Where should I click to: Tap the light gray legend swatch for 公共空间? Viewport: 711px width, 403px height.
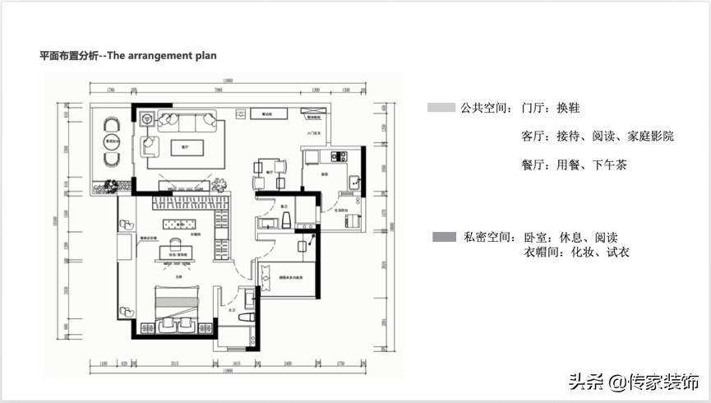[441, 108]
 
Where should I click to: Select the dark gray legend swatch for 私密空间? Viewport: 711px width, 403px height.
[444, 237]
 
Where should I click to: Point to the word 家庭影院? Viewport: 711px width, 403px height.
[650, 136]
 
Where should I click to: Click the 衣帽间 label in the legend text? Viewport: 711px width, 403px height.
[540, 252]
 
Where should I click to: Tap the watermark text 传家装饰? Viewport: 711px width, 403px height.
[665, 382]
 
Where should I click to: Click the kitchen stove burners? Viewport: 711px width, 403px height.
[335, 155]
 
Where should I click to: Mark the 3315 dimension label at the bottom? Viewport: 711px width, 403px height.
[174, 363]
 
